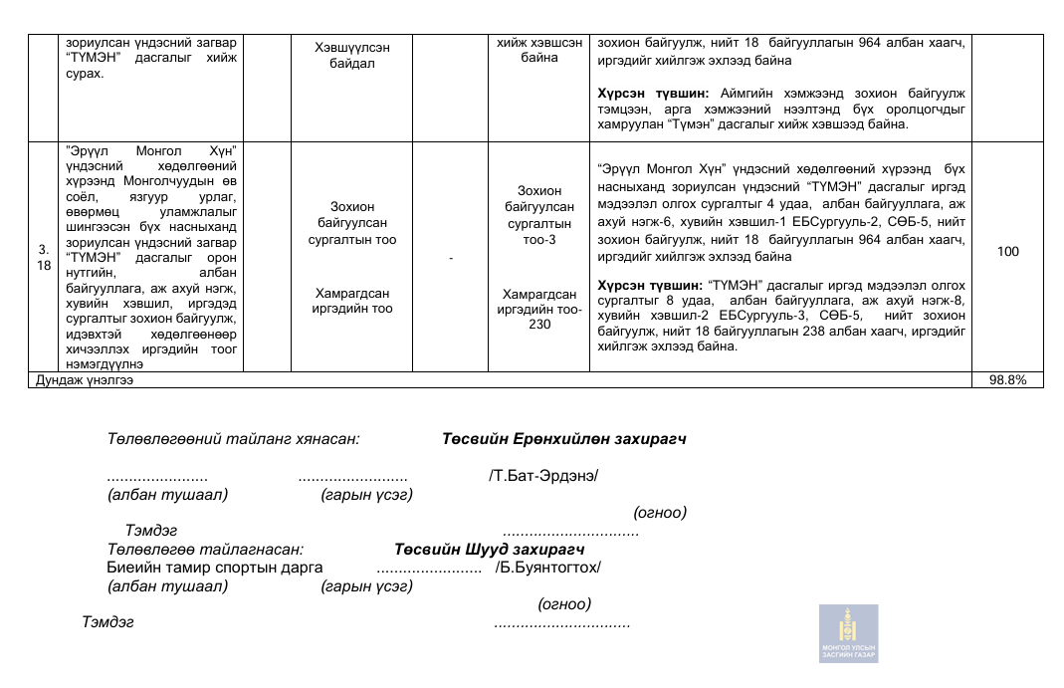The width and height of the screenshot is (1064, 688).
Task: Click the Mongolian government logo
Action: tap(849, 633)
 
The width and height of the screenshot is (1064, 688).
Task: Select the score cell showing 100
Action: tap(1007, 252)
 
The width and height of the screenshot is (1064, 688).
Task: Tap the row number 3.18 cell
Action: tap(44, 258)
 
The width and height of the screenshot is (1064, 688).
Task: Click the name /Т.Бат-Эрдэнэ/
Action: tap(543, 475)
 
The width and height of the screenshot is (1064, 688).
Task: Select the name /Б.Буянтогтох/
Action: tap(548, 568)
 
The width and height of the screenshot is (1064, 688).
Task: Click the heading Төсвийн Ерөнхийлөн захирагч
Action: tap(564, 439)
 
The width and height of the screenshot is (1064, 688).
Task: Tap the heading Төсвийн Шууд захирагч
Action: tap(489, 550)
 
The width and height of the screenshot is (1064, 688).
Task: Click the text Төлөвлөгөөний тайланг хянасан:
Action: tap(234, 439)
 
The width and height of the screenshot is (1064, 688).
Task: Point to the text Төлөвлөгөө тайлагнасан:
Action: tap(205, 550)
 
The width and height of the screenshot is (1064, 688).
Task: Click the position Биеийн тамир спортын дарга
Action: tap(215, 568)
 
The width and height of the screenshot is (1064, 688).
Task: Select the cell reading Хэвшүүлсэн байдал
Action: tap(351, 56)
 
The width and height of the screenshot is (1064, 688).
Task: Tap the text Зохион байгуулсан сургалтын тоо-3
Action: tap(538, 214)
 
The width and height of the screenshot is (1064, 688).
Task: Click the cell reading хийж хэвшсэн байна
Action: tap(538, 50)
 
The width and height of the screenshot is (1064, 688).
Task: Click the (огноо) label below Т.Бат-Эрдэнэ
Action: tap(660, 513)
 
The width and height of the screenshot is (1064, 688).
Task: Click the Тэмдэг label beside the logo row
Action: tap(107, 623)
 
